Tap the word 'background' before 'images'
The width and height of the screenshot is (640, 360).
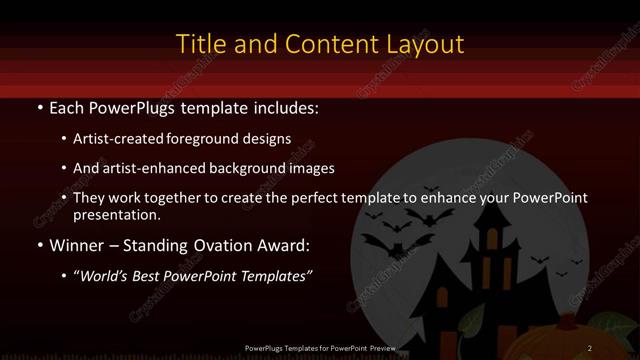coord(262,168)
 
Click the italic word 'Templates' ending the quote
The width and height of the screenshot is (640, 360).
coord(274,276)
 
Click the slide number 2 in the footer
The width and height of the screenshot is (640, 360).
coord(590,347)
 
